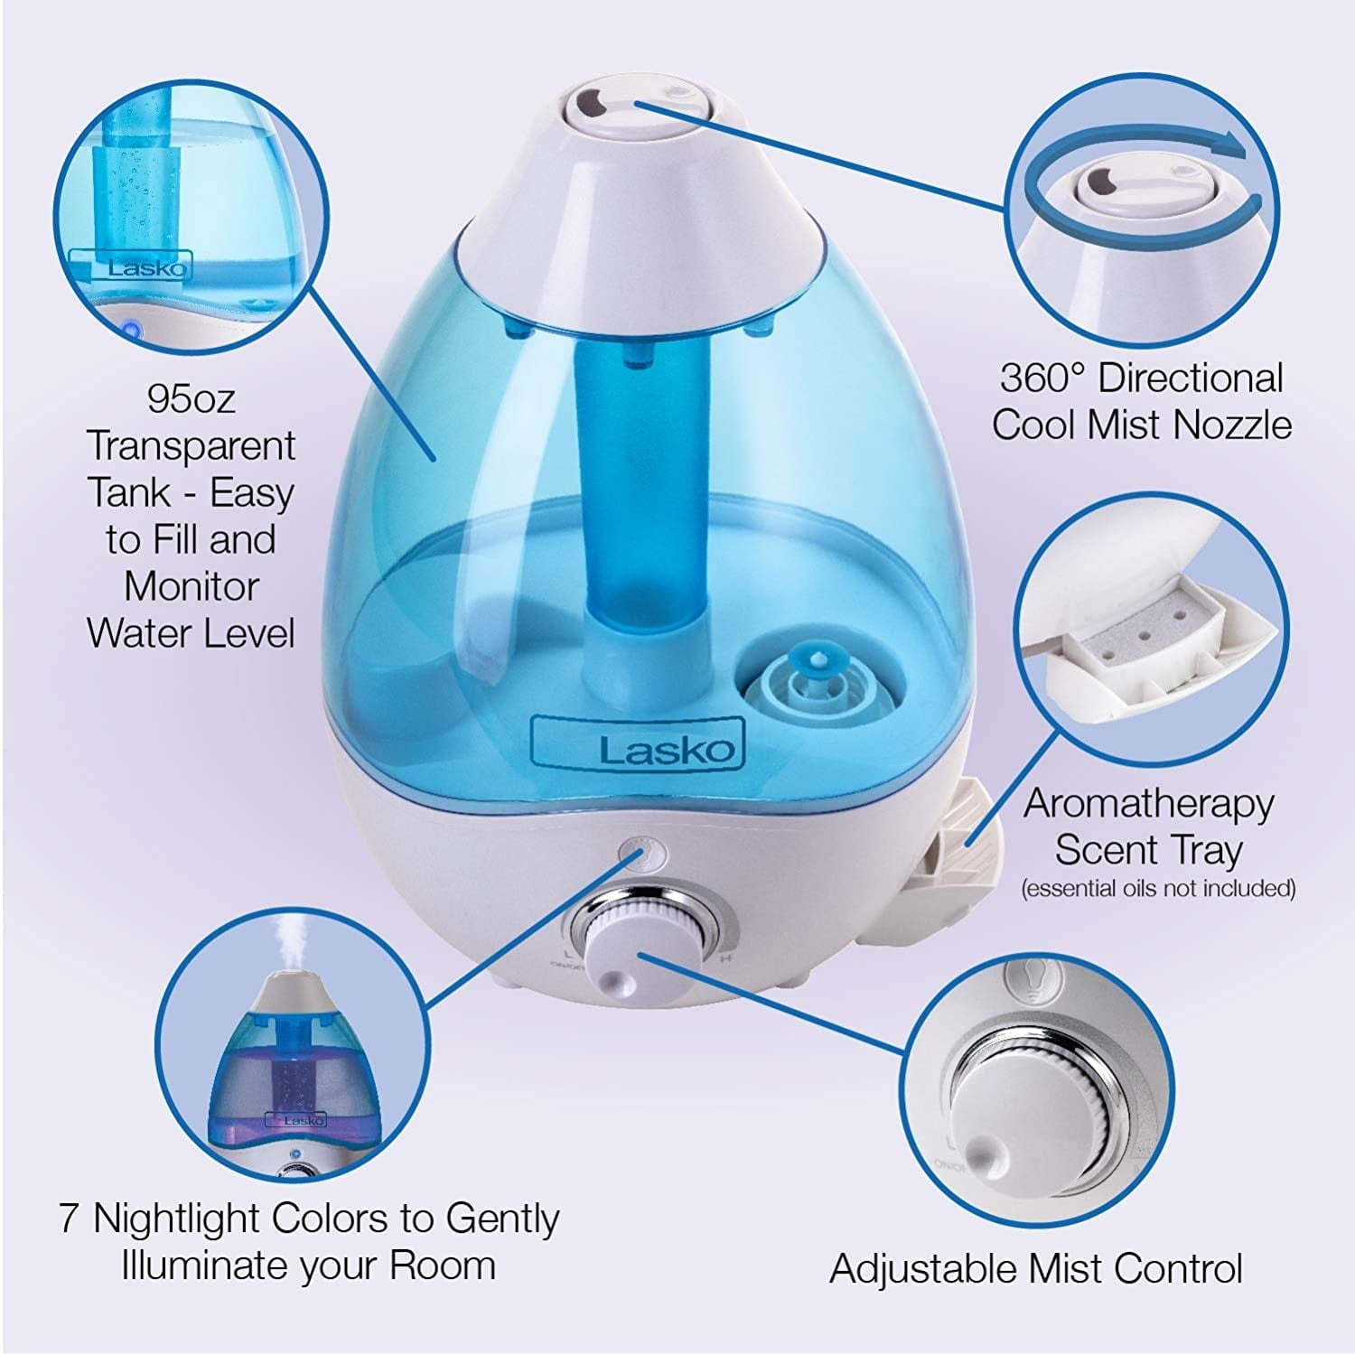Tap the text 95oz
[191, 398]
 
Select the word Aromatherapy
[1148, 803]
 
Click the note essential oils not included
[1158, 889]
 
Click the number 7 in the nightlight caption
[70, 1219]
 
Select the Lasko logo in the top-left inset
[147, 268]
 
